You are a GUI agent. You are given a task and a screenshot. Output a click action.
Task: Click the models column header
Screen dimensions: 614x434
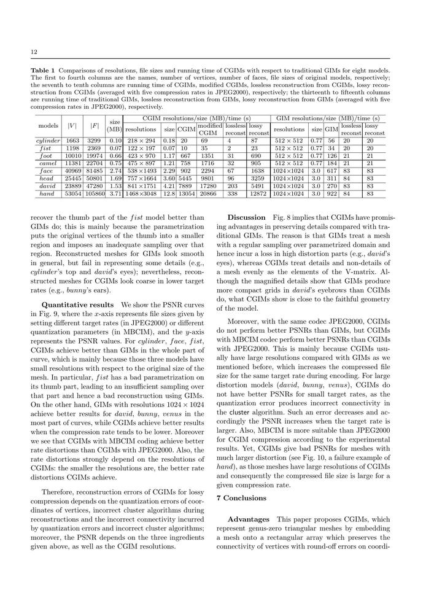click(x=48, y=126)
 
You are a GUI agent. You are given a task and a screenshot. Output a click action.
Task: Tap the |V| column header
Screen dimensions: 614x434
click(x=72, y=126)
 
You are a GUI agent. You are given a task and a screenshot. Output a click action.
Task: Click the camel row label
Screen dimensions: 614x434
click(x=48, y=164)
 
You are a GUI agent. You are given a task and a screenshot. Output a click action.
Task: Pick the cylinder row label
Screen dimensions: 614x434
click(x=48, y=141)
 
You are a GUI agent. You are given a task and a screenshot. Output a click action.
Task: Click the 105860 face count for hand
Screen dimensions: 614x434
click(x=94, y=193)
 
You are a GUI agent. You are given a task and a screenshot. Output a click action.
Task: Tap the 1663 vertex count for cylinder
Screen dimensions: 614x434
click(x=72, y=141)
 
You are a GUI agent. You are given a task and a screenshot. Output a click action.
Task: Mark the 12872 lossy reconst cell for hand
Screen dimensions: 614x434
click(x=259, y=193)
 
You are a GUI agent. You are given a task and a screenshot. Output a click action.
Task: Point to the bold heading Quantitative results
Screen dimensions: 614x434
click(x=77, y=305)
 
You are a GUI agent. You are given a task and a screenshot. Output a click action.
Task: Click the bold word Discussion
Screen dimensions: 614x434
click(x=246, y=217)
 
